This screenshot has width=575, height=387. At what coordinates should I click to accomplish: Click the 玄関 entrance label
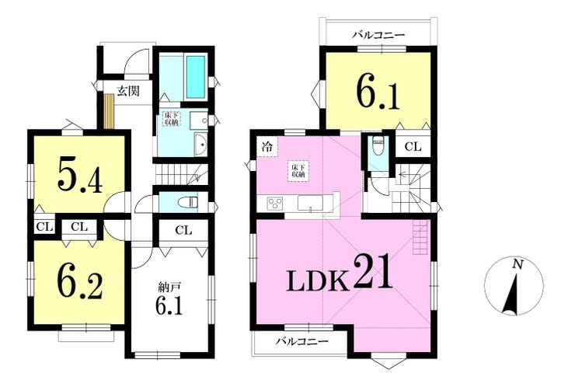coord(128,91)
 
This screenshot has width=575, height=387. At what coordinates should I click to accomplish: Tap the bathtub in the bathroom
coord(196,77)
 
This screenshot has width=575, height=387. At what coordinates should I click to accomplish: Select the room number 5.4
coord(78,177)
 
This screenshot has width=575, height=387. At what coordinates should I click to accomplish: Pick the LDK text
coord(317,282)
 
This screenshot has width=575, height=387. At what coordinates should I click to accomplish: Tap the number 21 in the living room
coord(373,273)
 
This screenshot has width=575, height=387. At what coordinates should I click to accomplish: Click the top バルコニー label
coord(378,35)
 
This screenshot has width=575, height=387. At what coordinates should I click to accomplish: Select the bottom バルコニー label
coord(301,342)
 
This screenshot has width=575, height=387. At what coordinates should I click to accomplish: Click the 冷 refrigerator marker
coord(267,148)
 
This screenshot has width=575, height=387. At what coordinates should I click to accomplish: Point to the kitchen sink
coord(310,204)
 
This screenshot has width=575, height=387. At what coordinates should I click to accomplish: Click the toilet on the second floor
coord(377,146)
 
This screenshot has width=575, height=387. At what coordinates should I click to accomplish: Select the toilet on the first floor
coord(186,202)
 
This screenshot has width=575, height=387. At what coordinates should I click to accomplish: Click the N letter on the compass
coord(517,264)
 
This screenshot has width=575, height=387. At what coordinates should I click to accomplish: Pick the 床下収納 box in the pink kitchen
coord(298,171)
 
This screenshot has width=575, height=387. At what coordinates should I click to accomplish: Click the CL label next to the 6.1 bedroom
coord(413,147)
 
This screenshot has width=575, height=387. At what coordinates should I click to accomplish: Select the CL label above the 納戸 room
coord(183,230)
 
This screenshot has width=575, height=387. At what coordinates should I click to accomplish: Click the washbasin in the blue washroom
coord(200,145)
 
